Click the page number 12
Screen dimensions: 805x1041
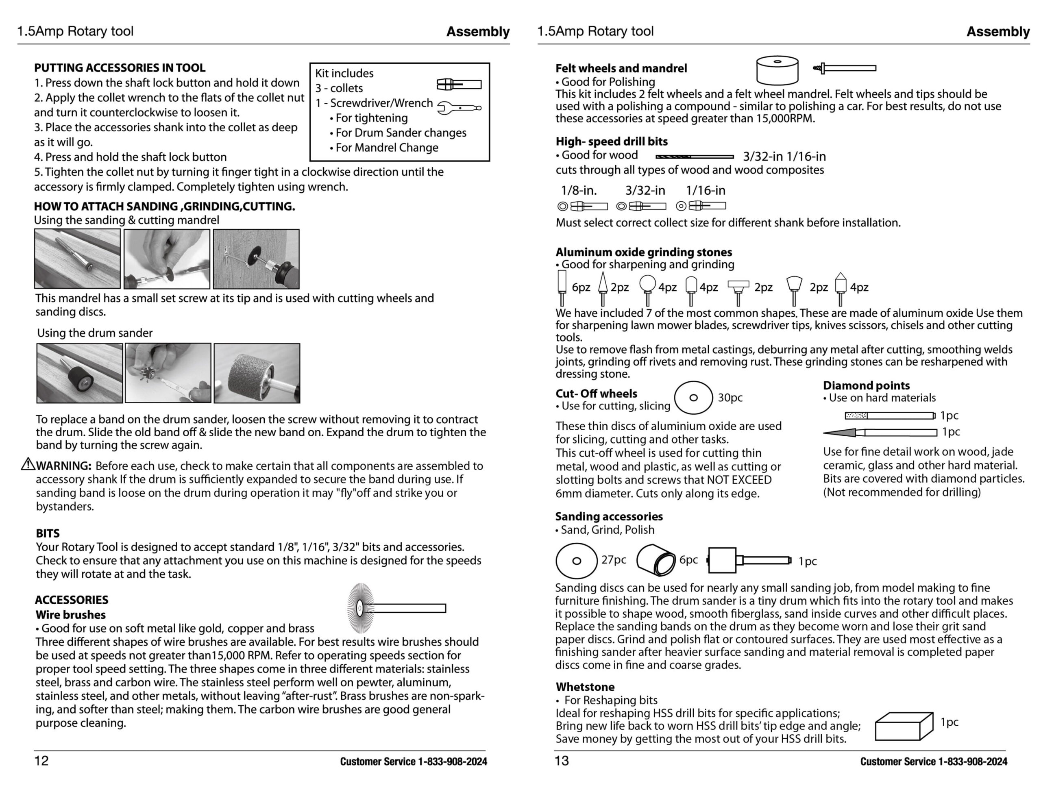41,761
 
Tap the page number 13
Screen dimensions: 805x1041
562,761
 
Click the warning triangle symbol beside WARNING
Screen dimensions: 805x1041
28,464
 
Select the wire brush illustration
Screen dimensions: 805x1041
396,608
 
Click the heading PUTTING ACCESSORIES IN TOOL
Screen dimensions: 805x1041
119,67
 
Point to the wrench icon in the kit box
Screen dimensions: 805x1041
459,108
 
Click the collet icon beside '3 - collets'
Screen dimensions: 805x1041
459,85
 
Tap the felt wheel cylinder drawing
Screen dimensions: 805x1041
777,70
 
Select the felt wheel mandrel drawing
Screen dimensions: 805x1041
845,68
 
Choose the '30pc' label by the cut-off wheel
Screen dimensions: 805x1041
730,398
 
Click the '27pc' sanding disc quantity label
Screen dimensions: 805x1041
614,559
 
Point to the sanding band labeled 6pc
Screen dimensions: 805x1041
656,559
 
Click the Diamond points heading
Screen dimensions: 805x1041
866,385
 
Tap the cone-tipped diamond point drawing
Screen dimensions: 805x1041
880,432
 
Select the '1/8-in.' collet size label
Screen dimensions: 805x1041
579,191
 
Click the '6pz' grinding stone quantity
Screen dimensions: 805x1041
581,287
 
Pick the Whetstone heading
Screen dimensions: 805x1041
585,687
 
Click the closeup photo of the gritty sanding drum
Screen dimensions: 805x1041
257,373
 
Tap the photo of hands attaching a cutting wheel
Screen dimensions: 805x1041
167,259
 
